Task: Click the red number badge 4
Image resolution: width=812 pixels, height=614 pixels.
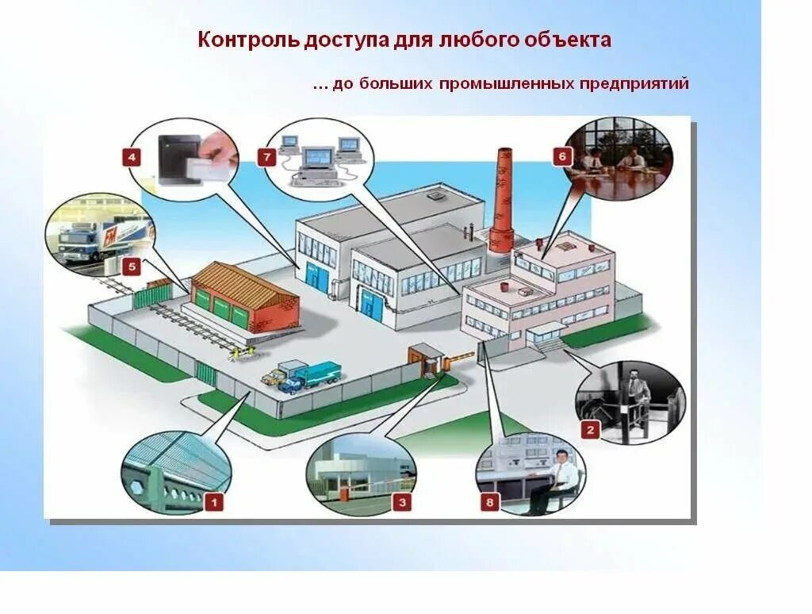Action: coord(132,157)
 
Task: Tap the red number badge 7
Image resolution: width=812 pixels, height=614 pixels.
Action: coord(266,157)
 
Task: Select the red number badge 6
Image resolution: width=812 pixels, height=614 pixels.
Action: coord(561,156)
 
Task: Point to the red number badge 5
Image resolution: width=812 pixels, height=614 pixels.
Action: coord(132,267)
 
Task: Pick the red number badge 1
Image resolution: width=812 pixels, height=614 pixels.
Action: coord(213,501)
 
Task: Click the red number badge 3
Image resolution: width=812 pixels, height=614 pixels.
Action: coord(402,501)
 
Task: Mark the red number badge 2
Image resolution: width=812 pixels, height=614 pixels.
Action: coord(589,431)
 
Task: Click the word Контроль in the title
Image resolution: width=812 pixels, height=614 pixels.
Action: coord(248,40)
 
